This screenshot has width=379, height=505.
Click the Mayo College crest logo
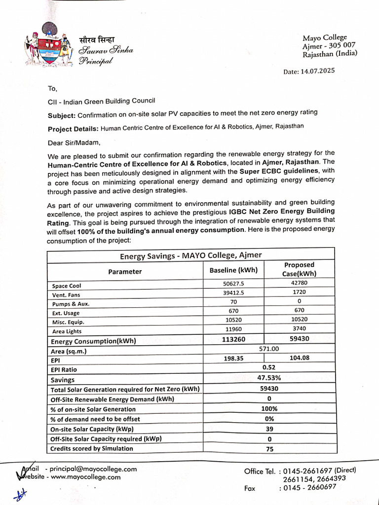(x=48, y=45)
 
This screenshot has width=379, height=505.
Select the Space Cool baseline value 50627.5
(x=233, y=284)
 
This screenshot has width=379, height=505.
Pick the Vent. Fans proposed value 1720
(x=299, y=292)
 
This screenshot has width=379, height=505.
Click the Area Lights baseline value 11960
(x=233, y=329)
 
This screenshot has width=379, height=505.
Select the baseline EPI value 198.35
(x=233, y=359)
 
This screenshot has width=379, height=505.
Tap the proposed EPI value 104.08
(x=300, y=358)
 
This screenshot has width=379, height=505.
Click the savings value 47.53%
(x=269, y=378)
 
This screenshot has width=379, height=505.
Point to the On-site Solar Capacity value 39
(x=269, y=429)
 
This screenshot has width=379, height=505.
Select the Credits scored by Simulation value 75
(x=269, y=449)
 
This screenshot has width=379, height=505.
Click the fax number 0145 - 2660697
(x=307, y=487)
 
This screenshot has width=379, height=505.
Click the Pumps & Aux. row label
(x=71, y=304)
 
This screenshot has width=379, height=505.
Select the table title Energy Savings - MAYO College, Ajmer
(x=190, y=255)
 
